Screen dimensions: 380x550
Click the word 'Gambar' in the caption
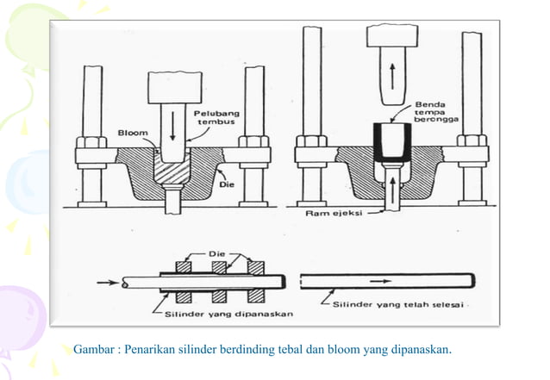click(97, 349)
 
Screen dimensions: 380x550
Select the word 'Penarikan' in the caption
click(154, 349)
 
